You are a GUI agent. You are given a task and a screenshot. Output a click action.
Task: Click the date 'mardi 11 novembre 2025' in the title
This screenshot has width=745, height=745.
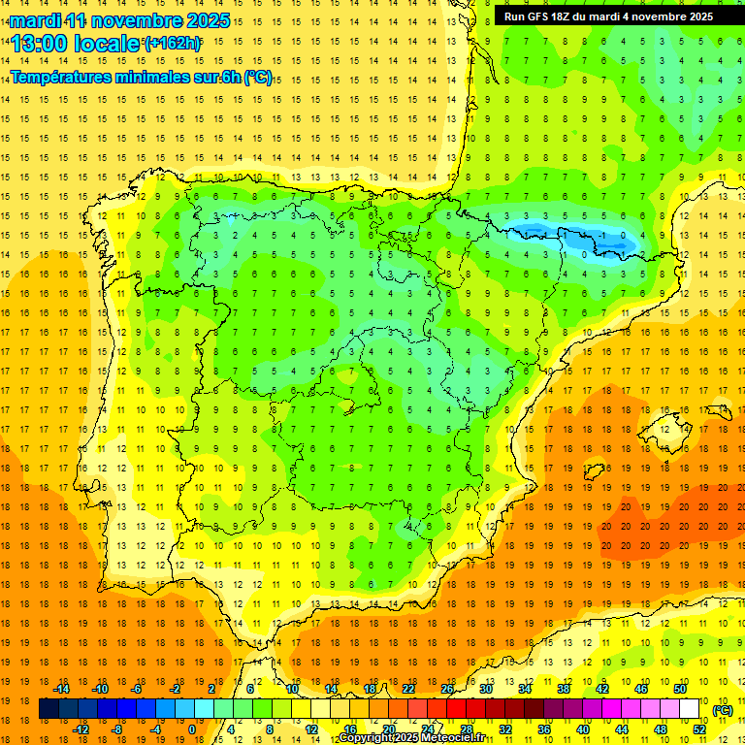121,20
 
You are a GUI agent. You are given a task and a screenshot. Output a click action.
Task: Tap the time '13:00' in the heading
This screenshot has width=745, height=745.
41,43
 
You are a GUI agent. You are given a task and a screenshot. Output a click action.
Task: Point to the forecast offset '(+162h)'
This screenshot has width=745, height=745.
173,43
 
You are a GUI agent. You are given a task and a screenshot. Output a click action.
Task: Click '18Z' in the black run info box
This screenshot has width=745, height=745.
570,16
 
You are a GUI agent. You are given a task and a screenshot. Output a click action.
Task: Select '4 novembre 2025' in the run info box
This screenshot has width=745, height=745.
674,16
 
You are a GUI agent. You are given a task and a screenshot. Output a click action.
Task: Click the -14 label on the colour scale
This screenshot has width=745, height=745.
62,689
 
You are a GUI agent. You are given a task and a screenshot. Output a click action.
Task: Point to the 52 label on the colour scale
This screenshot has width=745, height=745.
699,729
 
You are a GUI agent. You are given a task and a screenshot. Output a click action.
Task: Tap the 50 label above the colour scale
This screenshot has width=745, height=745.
680,689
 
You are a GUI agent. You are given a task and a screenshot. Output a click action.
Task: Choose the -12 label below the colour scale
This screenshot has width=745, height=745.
81,729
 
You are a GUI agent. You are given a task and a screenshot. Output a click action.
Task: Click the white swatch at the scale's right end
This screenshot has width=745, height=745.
689,709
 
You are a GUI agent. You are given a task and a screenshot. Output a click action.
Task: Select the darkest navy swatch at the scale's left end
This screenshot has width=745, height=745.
49,709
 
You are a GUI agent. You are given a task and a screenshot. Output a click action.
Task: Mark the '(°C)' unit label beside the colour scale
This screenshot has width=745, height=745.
722,710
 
